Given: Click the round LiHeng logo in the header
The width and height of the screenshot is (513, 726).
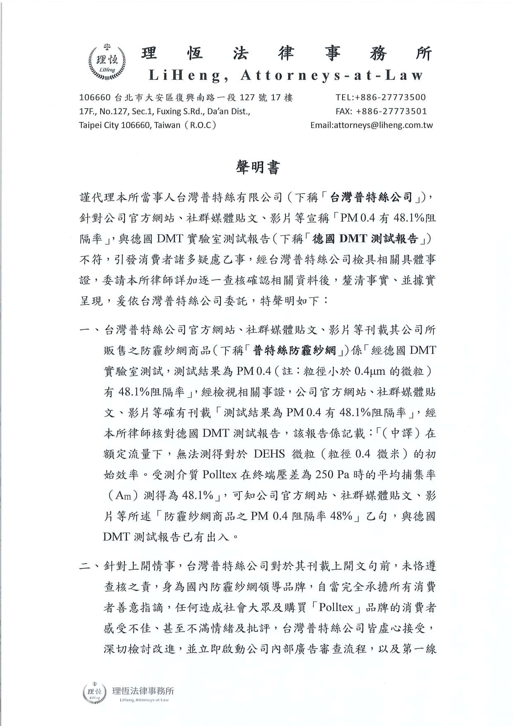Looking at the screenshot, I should click(x=107, y=62).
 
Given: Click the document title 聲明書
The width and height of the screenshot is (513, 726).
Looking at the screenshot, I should click(x=258, y=167).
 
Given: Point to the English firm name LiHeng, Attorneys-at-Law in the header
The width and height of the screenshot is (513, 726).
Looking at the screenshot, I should click(x=285, y=75).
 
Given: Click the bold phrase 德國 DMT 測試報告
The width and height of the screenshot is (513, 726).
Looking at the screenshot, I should click(x=366, y=239).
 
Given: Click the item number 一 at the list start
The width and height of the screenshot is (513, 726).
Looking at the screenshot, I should click(x=86, y=330).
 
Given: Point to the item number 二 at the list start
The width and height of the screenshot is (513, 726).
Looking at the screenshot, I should click(x=86, y=566).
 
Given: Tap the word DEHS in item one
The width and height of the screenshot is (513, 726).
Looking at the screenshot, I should click(x=269, y=454).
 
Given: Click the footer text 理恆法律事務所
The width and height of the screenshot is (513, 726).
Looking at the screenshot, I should click(x=144, y=690).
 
